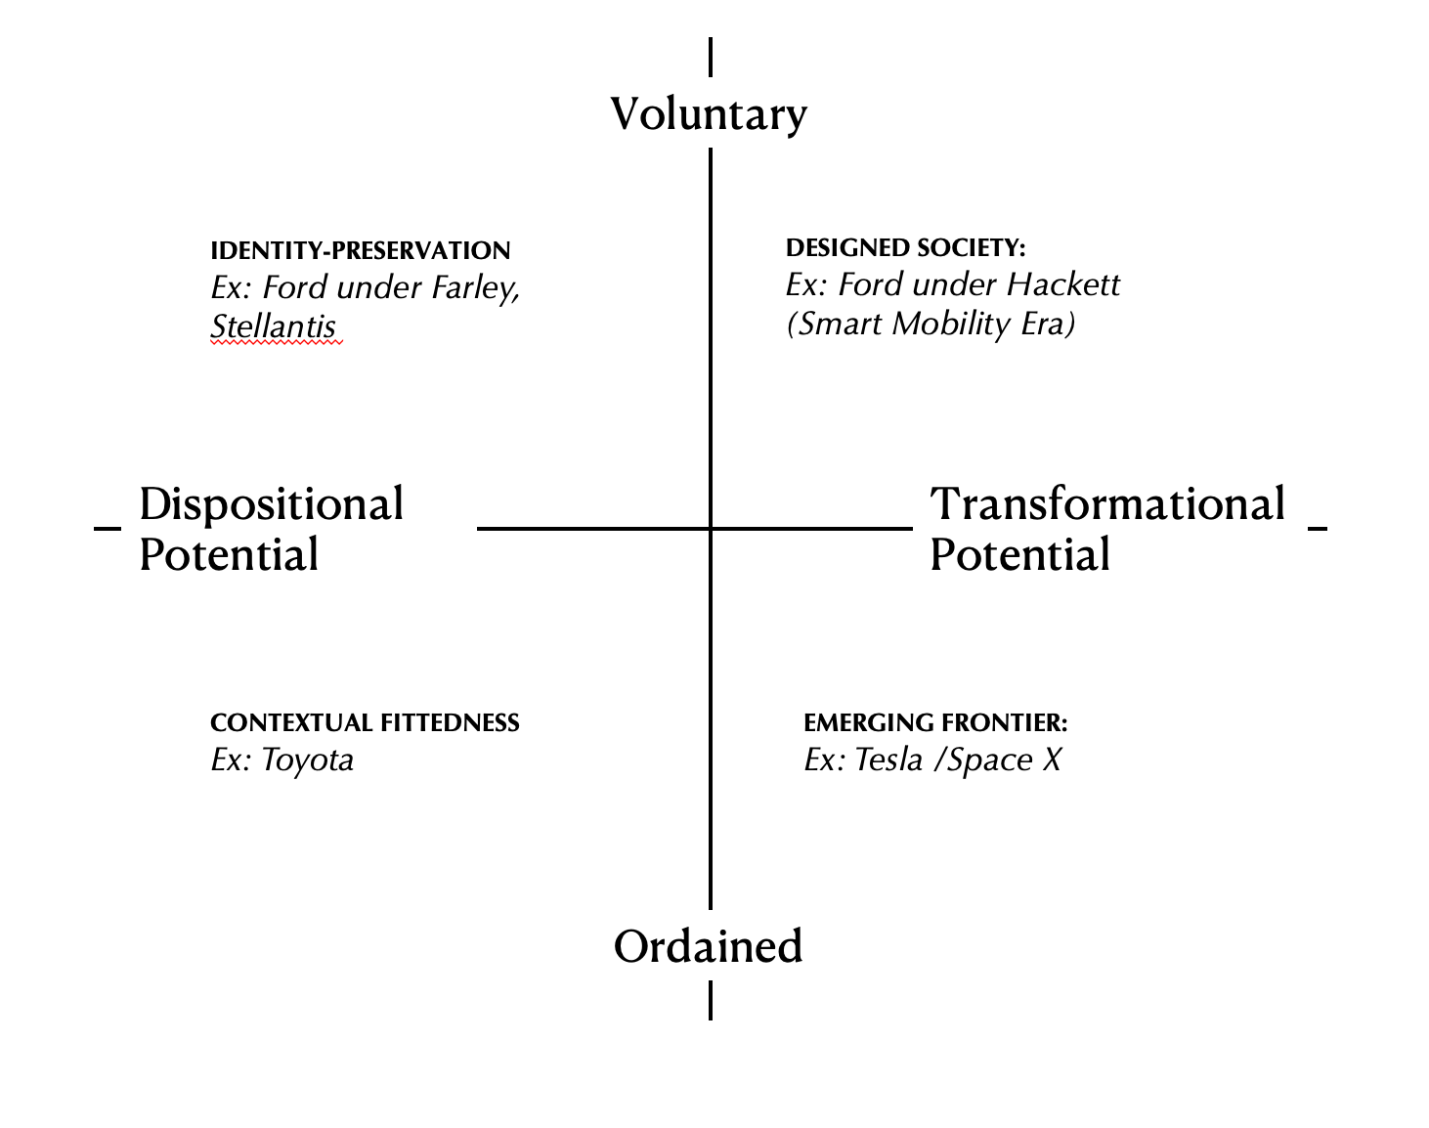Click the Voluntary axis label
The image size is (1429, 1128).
point(709,114)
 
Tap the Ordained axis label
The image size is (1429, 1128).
point(708,946)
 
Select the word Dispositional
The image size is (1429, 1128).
point(271,505)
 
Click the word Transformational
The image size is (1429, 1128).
point(1107,504)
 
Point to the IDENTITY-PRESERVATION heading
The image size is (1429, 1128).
point(360,251)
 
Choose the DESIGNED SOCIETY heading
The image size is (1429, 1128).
point(905,248)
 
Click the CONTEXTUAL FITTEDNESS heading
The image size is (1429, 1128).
point(365,723)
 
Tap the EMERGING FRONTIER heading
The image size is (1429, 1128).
point(935,723)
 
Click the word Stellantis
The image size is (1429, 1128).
point(273,326)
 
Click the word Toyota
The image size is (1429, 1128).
point(308,760)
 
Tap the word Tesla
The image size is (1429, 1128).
point(888,760)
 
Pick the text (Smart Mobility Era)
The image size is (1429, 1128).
point(931,324)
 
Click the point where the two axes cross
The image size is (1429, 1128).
point(711,529)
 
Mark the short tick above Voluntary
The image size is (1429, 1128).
point(711,57)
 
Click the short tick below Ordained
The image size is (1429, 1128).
point(711,1001)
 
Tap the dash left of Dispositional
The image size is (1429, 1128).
point(107,529)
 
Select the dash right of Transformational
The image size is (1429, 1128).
point(1317,529)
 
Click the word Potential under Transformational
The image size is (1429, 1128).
point(1019,555)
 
